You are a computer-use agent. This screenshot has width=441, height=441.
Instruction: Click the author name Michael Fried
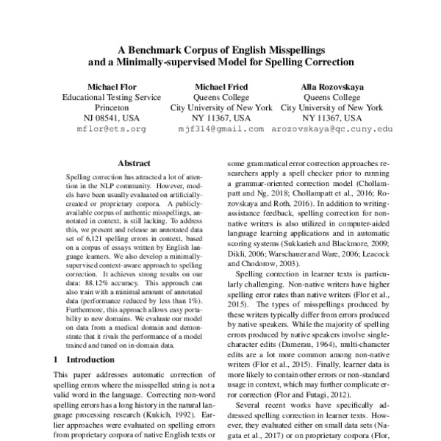pos(220,85)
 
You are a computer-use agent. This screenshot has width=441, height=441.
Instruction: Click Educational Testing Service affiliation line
pos(112,96)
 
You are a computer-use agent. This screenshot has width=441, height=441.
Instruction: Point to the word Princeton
pos(112,107)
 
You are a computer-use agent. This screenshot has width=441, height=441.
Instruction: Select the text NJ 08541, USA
pos(112,118)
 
